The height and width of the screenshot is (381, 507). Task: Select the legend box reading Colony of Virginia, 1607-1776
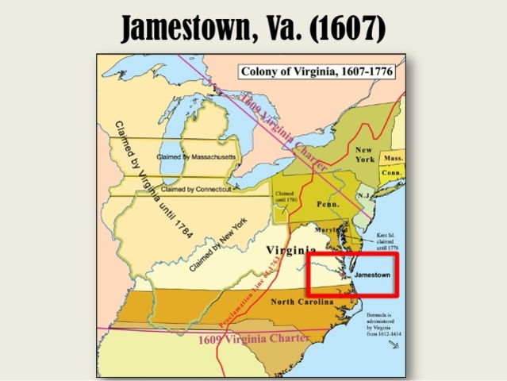point(318,71)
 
